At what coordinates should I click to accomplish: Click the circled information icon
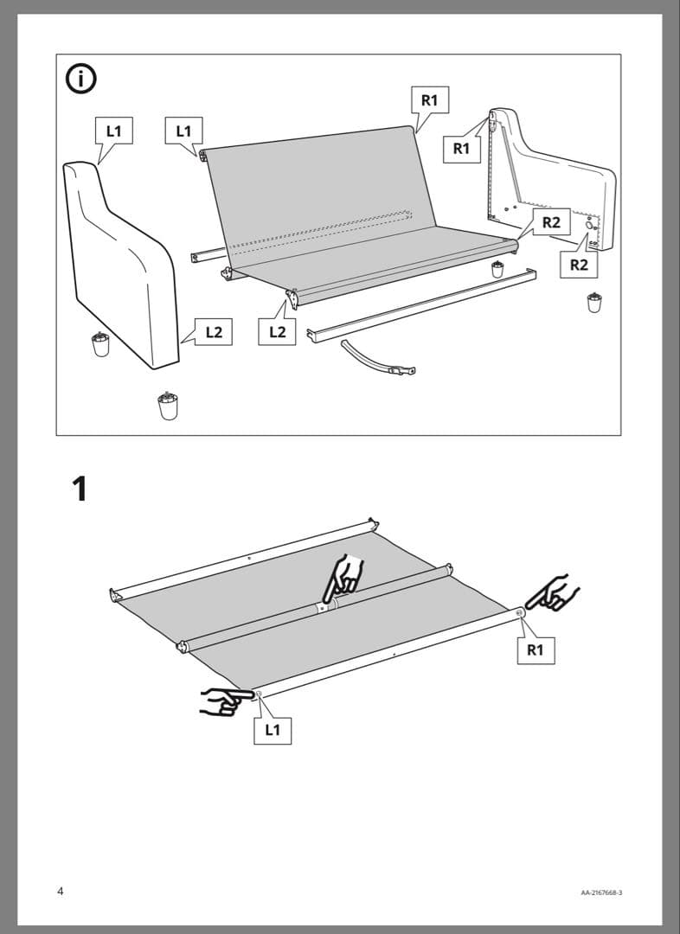point(80,80)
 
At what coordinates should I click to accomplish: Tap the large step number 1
point(80,489)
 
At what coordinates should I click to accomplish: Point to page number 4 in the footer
point(61,891)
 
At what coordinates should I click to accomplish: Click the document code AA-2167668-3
point(601,892)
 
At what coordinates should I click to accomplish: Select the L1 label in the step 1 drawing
point(273,730)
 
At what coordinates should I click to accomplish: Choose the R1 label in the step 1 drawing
point(536,649)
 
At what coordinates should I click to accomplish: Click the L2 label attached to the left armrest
point(214,332)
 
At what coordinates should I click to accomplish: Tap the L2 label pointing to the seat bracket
point(277,331)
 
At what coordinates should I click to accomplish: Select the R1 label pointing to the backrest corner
point(430,100)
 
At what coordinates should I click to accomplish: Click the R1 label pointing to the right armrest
point(462,149)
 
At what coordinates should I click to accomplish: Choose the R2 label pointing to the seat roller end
point(551,222)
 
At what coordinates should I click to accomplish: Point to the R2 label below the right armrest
point(579,265)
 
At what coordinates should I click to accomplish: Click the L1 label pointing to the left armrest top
point(114,131)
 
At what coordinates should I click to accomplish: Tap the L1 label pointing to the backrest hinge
point(183,131)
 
